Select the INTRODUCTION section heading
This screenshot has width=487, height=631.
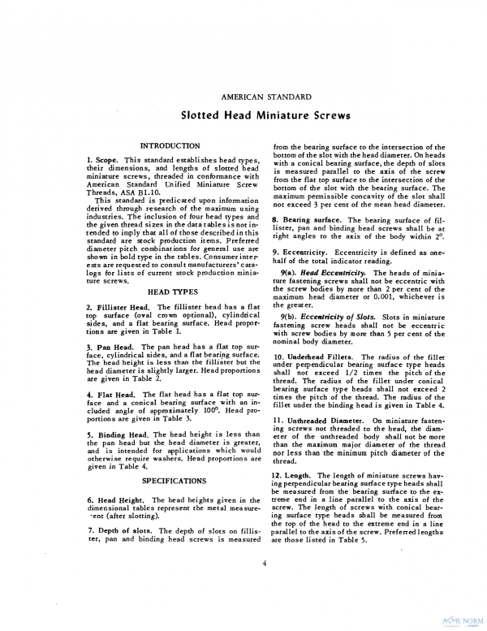[x=170, y=145]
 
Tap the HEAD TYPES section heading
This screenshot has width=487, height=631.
[x=170, y=291]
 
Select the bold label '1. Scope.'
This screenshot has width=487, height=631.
[x=102, y=161]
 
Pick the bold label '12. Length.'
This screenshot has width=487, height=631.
[x=295, y=474]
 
